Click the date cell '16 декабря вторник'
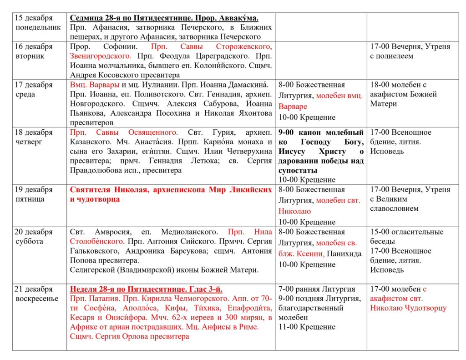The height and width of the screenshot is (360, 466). pyautogui.click(x=34, y=51)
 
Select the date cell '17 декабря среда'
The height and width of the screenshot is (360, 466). pyautogui.click(x=34, y=90)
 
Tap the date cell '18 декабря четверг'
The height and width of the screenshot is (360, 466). pyautogui.click(x=34, y=137)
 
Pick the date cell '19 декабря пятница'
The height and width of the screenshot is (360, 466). pyautogui.click(x=34, y=194)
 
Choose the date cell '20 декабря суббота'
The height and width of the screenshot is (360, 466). pyautogui.click(x=34, y=237)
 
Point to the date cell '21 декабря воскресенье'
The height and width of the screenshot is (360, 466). pyautogui.click(x=37, y=294)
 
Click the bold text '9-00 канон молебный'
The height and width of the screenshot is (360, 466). pyautogui.click(x=321, y=132)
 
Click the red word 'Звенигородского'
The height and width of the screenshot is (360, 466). pyautogui.click(x=100, y=56)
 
